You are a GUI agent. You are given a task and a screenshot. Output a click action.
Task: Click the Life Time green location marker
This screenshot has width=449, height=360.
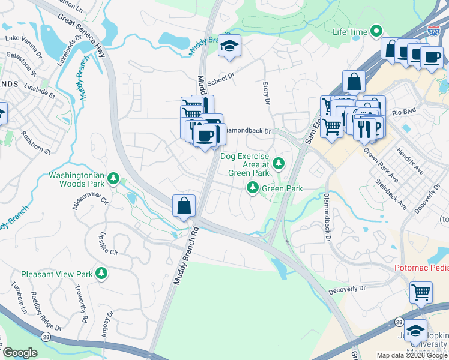click(376, 30)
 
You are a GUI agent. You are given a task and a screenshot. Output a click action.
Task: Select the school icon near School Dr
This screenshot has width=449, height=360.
click(229, 46)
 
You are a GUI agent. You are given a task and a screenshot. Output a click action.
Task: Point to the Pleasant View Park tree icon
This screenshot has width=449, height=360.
click(102, 274)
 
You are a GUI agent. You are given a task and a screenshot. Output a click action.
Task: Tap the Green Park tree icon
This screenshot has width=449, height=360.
click(253, 188)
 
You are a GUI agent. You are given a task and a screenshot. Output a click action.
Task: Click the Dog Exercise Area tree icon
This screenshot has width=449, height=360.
click(278, 163)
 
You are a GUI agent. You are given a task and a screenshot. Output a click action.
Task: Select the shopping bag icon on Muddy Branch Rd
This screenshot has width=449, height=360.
click(184, 206)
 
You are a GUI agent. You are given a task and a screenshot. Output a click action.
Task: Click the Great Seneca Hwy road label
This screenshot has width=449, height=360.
click(83, 36)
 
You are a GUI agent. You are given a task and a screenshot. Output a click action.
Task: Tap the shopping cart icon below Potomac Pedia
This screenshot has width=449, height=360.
click(421, 293)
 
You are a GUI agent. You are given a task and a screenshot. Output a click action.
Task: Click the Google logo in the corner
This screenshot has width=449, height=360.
click(20, 353)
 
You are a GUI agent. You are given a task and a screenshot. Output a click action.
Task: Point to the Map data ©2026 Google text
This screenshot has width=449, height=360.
click(407, 355)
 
